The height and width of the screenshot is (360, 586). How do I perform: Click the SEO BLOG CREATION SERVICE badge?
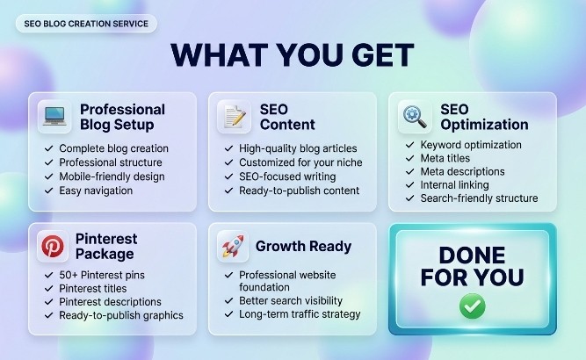(86, 24)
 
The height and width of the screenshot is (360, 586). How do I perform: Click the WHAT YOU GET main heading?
(293, 55)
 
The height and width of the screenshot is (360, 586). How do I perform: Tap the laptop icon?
(54, 117)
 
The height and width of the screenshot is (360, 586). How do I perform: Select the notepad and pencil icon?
(235, 117)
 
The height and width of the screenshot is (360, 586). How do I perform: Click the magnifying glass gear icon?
(415, 117)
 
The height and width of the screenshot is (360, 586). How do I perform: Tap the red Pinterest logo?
(53, 247)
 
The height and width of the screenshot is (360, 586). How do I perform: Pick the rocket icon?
(233, 246)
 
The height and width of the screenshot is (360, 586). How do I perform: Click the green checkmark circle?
(473, 306)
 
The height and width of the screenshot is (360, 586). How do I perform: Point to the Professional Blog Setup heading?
(123, 117)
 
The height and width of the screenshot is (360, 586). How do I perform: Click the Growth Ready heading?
(303, 247)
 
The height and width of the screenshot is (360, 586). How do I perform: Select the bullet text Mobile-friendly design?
(112, 176)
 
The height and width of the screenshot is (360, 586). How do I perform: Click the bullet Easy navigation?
(96, 191)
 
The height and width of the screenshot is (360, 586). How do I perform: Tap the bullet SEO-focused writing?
(287, 176)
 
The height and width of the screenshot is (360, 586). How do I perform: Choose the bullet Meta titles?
(445, 158)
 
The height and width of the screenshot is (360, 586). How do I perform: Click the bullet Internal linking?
(455, 185)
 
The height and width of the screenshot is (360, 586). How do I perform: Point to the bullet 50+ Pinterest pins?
(102, 275)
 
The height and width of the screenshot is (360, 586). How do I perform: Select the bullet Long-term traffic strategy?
(300, 314)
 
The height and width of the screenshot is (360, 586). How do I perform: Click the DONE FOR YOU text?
(473, 266)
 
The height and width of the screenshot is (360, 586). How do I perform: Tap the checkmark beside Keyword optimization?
(410, 145)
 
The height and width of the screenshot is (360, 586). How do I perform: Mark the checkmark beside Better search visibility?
(228, 301)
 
